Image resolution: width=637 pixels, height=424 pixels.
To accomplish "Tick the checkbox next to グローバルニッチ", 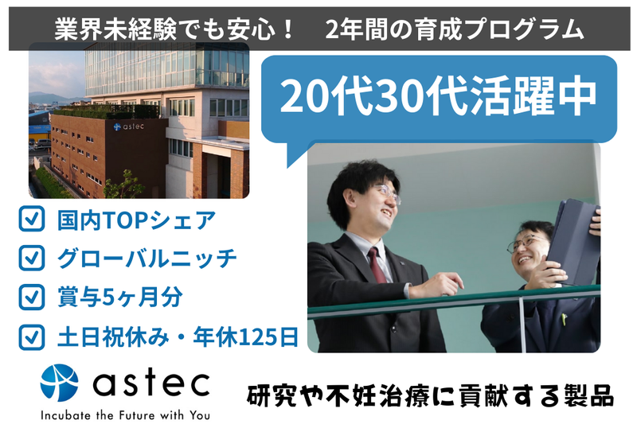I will point(31,259).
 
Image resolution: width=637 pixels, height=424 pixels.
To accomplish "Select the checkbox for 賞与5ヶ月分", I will point(31,297).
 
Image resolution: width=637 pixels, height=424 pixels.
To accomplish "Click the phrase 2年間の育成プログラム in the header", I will point(454,29).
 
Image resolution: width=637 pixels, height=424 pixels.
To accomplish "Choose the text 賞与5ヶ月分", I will point(119,297).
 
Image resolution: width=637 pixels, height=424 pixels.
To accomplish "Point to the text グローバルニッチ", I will point(147,259).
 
